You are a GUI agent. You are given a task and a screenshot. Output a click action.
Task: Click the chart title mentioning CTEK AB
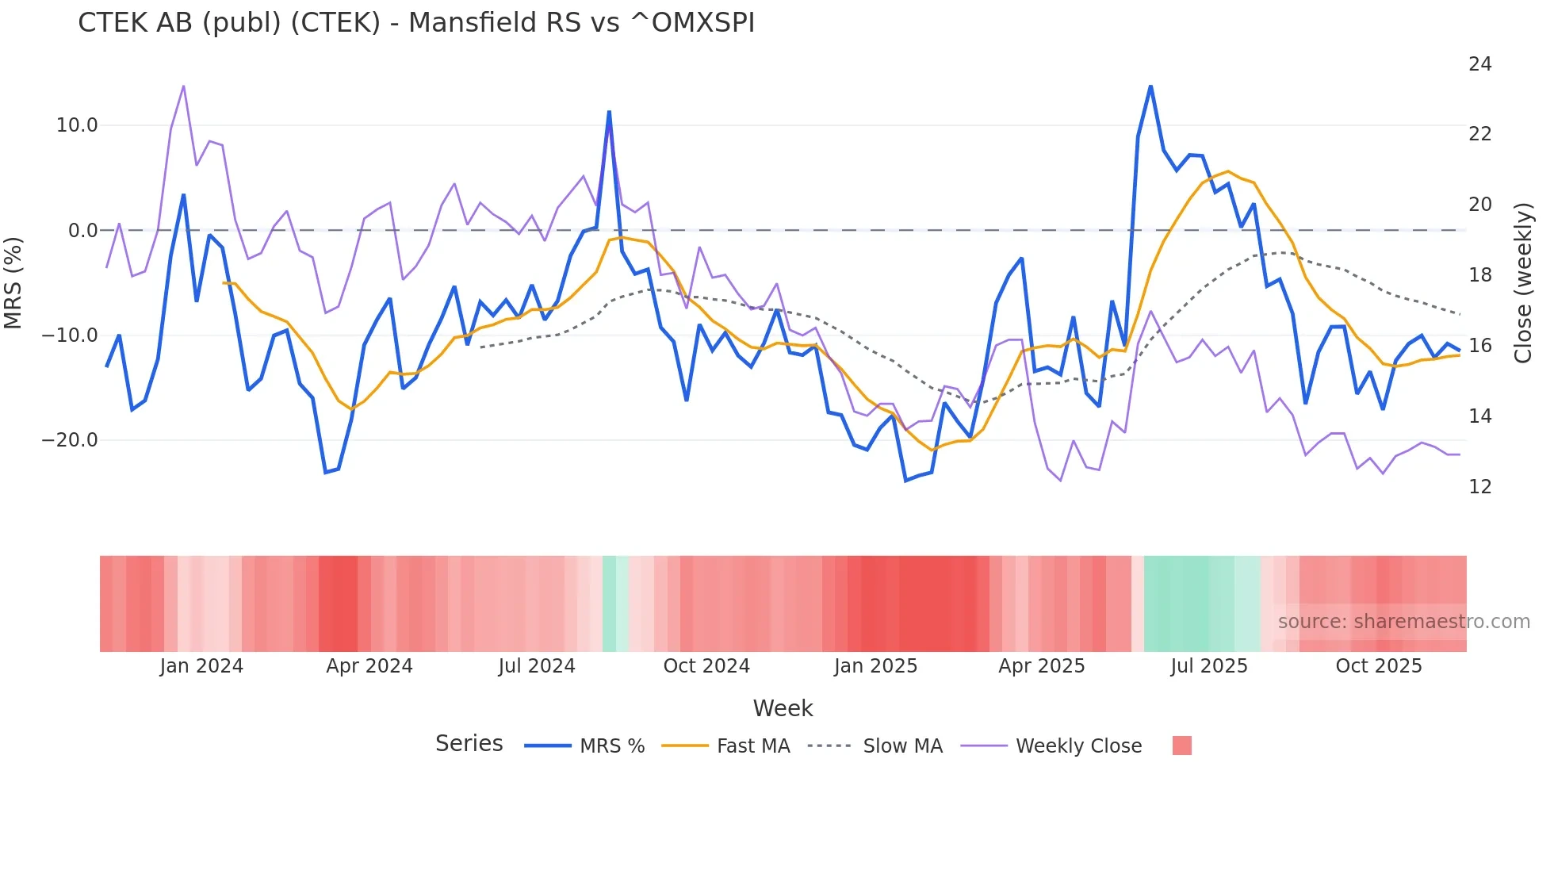coord(415,23)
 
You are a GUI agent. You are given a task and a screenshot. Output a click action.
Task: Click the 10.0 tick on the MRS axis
coord(77,125)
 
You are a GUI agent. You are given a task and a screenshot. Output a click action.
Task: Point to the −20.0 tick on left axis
coord(70,440)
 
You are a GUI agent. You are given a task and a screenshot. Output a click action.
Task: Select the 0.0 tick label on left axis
coord(82,231)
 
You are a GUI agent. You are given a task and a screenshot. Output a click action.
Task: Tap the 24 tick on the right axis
coord(1479,64)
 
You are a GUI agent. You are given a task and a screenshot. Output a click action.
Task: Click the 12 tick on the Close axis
coord(1479,487)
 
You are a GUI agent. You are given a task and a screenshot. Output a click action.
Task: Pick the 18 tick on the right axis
coord(1479,275)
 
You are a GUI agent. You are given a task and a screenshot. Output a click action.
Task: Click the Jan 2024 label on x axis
coord(201,666)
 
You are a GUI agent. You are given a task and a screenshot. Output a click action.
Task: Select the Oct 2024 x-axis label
coord(706,666)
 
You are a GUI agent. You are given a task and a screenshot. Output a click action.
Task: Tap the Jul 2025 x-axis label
coord(1208,666)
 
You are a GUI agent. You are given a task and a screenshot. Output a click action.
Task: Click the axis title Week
coord(783,708)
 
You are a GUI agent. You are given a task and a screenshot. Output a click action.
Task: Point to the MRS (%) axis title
coord(13,282)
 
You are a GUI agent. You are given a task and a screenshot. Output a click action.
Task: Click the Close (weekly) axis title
coord(1522,283)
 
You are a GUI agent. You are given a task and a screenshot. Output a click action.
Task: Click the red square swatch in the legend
coord(1181,746)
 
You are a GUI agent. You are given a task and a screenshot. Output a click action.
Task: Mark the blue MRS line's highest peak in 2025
coord(1150,86)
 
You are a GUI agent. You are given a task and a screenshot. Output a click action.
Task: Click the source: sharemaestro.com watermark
coord(1403,622)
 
